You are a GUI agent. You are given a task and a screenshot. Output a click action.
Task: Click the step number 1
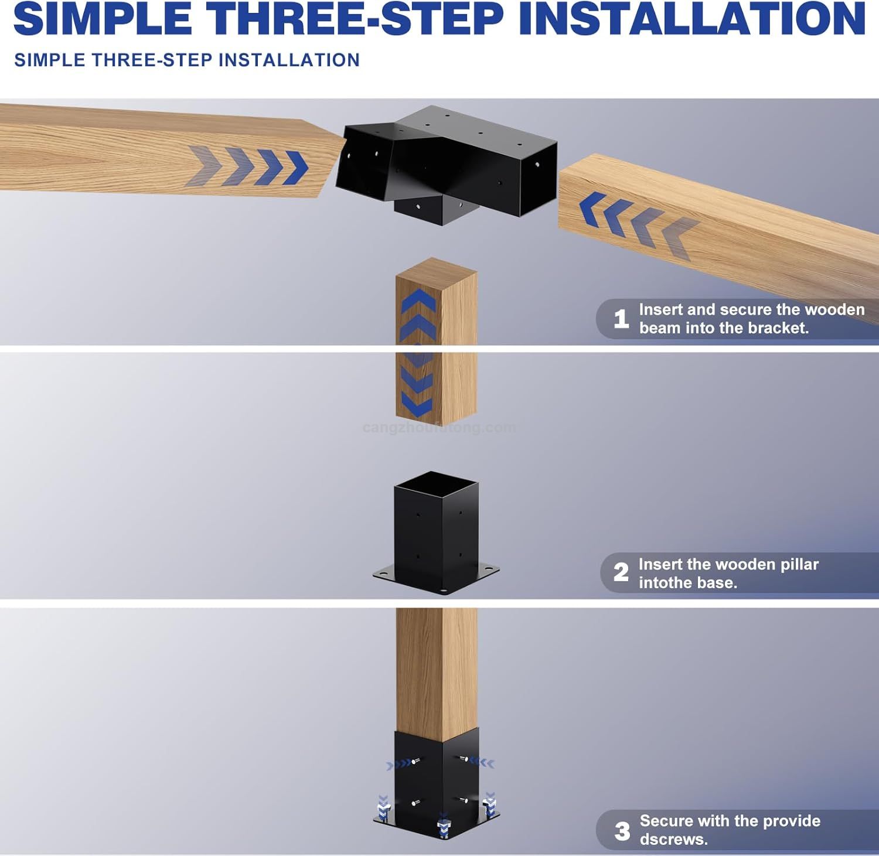621,319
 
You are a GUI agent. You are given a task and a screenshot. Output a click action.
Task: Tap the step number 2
621,572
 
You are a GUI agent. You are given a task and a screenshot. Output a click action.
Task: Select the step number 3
622,831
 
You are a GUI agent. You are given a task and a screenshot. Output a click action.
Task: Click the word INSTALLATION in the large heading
692,19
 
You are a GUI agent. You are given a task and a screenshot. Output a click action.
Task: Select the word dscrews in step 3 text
673,839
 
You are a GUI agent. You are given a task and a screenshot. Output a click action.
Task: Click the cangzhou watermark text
439,428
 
